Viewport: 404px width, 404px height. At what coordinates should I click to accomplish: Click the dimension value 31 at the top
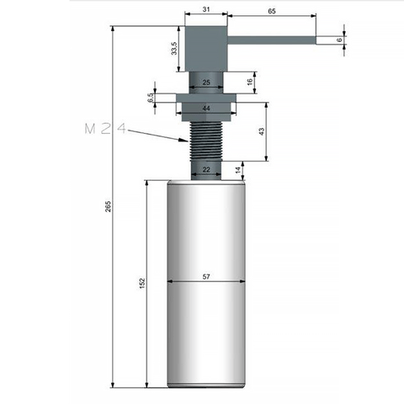206,9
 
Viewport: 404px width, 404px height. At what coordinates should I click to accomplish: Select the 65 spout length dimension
272,11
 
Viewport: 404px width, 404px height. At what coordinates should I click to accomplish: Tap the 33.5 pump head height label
174,48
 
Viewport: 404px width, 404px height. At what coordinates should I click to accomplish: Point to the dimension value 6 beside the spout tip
340,40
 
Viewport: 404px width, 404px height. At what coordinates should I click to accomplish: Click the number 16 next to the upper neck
250,82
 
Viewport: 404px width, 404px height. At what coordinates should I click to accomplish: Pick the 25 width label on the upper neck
206,82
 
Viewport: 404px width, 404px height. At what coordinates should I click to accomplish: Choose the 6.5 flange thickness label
151,98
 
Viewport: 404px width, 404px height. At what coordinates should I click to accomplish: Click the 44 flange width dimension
206,109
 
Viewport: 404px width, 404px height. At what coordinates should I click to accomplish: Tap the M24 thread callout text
105,129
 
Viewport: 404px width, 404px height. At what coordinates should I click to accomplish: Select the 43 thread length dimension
261,131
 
